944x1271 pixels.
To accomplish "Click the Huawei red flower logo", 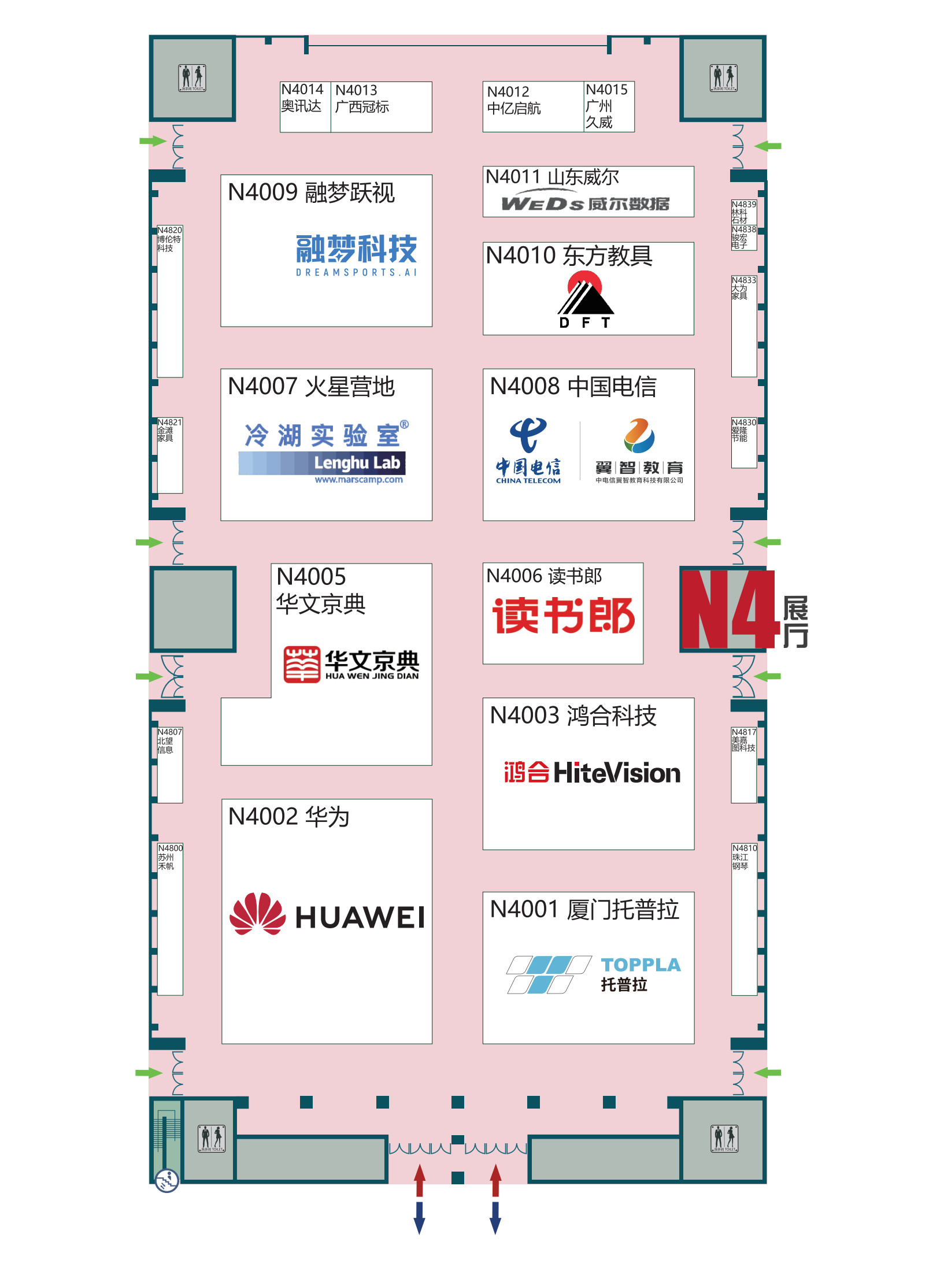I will pyautogui.click(x=257, y=914).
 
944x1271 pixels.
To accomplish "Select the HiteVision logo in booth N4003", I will pyautogui.click(x=592, y=773).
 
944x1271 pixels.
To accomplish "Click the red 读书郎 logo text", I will pyautogui.click(x=563, y=616).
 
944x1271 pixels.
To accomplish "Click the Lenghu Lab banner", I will pyautogui.click(x=322, y=463).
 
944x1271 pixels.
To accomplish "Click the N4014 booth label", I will pyautogui.click(x=302, y=90).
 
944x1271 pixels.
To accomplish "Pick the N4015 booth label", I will pyautogui.click(x=606, y=90).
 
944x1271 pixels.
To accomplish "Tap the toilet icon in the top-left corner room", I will pyautogui.click(x=192, y=77).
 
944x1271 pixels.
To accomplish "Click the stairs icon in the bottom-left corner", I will pyautogui.click(x=167, y=1180).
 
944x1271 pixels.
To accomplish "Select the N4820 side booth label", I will pyautogui.click(x=170, y=230).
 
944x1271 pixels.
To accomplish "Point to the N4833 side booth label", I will pyautogui.click(x=743, y=280).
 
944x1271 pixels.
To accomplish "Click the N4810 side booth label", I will pyautogui.click(x=744, y=848).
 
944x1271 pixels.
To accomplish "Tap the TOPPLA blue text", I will pyautogui.click(x=641, y=965).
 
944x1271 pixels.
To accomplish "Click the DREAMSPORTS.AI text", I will pyautogui.click(x=356, y=272).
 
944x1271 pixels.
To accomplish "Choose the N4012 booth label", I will pyautogui.click(x=508, y=92).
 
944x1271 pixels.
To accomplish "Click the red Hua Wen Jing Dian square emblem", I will pyautogui.click(x=302, y=664).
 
